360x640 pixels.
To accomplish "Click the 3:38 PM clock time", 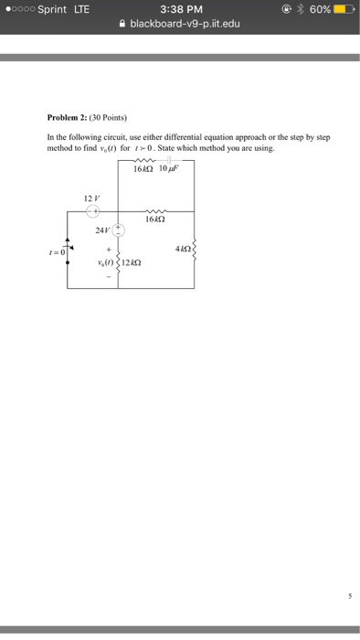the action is click(180, 9).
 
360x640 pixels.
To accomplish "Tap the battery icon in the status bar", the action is click(343, 9).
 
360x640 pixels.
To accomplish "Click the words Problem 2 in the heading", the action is click(68, 118).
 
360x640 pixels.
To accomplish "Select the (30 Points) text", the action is click(109, 118).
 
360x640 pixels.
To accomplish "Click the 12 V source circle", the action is click(93, 210).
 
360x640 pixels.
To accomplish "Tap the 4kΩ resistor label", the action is click(181, 249).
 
